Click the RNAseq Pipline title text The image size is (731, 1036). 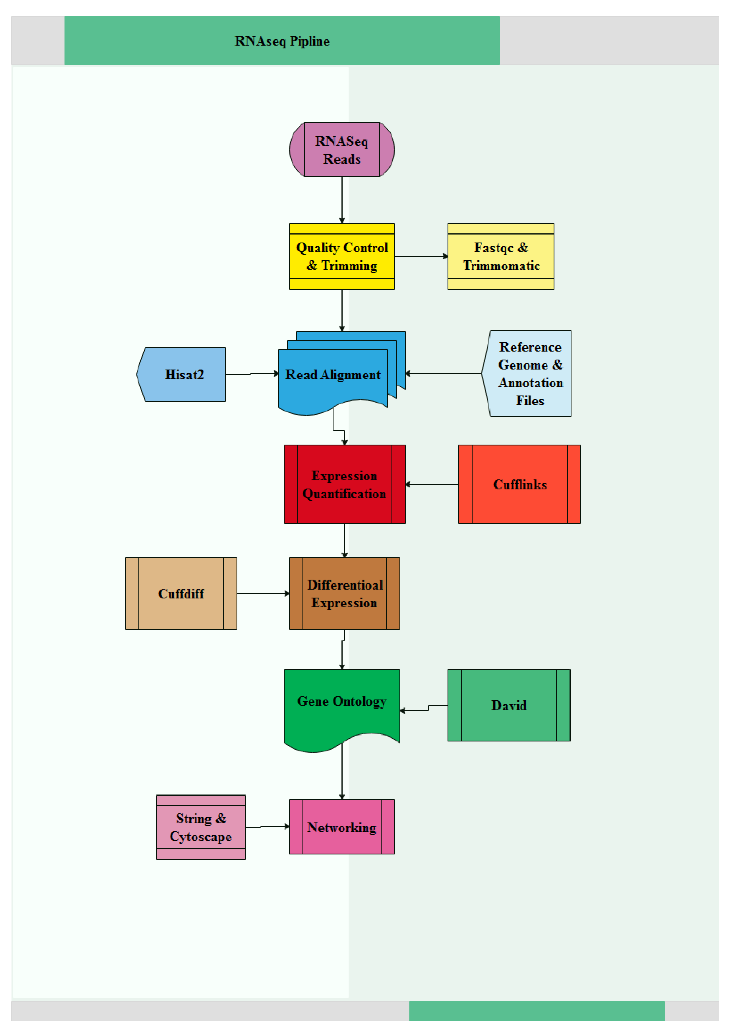pyautogui.click(x=282, y=41)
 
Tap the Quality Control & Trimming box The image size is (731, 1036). pyautogui.click(x=341, y=256)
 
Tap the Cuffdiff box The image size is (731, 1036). pyautogui.click(x=181, y=593)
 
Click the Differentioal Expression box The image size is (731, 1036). pyautogui.click(x=344, y=593)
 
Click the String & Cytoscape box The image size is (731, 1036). pyautogui.click(x=201, y=827)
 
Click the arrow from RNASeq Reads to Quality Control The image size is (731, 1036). pyautogui.click(x=341, y=199)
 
